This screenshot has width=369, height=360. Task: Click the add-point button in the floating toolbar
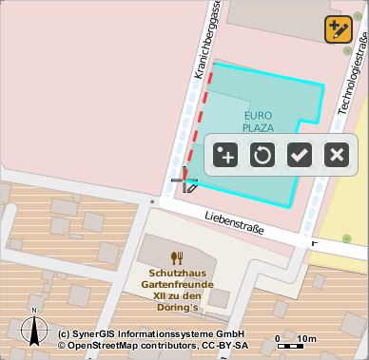pos(225,154)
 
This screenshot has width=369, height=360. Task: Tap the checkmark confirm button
pos(300,154)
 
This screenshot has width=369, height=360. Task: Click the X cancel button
pos(335,154)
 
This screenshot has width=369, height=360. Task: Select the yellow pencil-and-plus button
pos(338,29)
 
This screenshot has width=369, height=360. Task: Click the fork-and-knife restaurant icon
pos(176,256)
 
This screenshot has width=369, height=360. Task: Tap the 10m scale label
pos(306,338)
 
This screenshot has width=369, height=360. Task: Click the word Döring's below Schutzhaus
pos(178,307)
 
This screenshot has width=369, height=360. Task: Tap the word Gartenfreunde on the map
pos(176,283)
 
